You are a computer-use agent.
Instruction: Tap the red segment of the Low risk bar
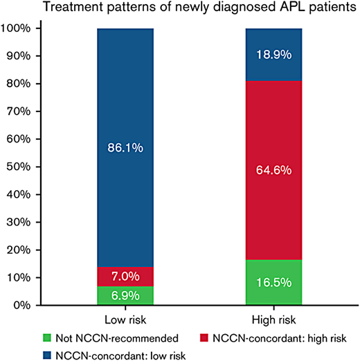click(x=125, y=267)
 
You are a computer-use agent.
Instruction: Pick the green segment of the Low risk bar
click(x=125, y=295)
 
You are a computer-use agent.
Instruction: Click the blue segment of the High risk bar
click(x=274, y=43)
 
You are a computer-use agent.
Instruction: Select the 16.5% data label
click(x=274, y=283)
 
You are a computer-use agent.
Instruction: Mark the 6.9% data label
click(x=125, y=296)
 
